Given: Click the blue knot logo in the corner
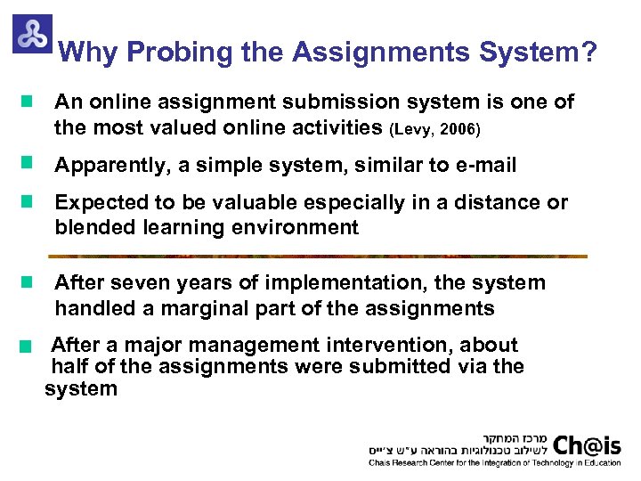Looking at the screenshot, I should pos(32,34).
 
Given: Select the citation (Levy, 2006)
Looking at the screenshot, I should pos(434,130).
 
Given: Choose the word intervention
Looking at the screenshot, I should pos(393,345).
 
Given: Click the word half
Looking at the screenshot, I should pos(69,366).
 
